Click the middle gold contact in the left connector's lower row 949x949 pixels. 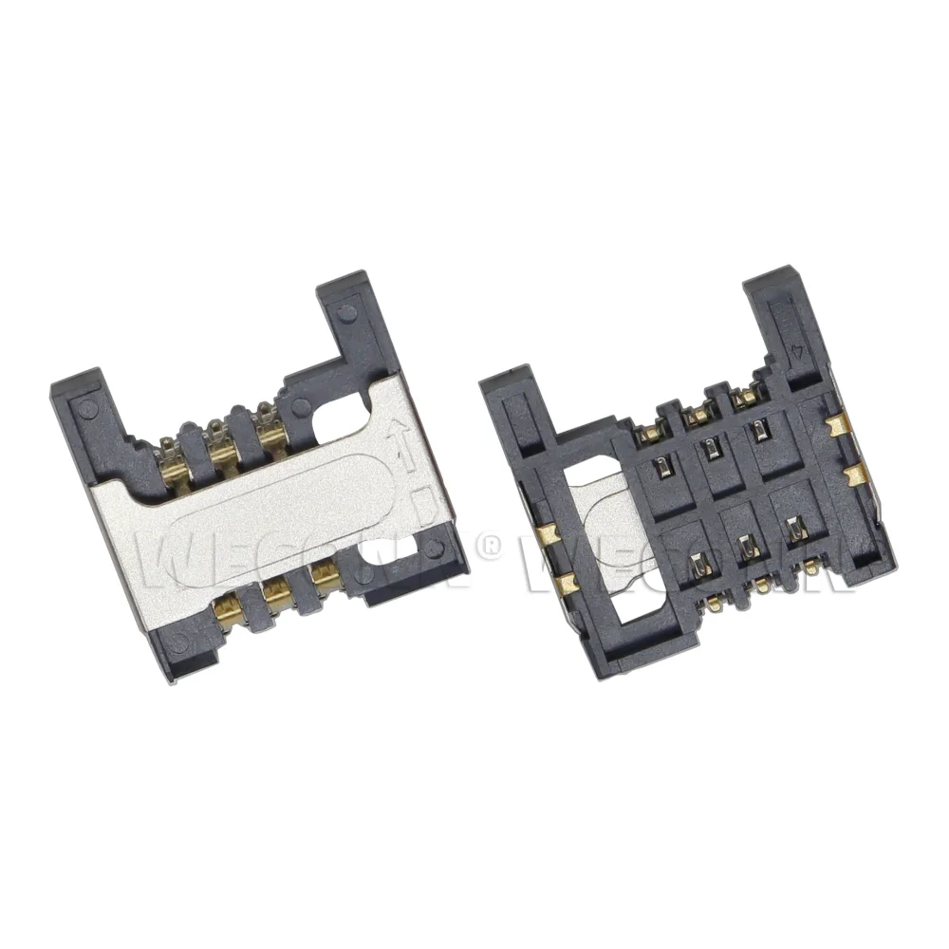tap(277, 592)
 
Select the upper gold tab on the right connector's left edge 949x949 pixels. tap(543, 536)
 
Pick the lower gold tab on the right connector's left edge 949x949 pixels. tap(566, 581)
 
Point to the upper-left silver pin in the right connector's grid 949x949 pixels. tap(661, 464)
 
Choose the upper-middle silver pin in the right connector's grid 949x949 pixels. tap(711, 447)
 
